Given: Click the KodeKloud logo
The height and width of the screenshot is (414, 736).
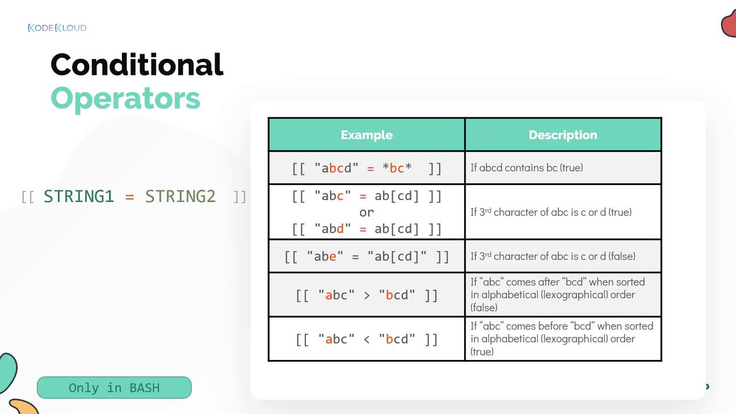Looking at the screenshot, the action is [57, 28].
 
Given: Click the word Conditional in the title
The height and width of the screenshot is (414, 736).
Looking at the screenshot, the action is [137, 64].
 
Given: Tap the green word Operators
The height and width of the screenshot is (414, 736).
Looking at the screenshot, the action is [125, 98].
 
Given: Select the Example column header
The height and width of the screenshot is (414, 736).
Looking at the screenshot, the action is [367, 135].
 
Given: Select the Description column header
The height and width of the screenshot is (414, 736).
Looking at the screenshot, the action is [563, 135].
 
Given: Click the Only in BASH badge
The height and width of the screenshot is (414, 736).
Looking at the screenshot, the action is [114, 388].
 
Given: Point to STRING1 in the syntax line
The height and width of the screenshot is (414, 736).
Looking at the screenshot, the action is [79, 197].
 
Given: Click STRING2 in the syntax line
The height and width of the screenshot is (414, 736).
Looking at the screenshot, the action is [181, 197].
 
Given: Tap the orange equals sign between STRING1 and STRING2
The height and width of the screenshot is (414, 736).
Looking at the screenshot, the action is [130, 197].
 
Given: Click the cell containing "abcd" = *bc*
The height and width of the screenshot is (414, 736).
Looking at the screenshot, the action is [367, 168].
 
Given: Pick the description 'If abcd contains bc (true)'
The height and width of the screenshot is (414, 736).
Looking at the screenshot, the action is [527, 168].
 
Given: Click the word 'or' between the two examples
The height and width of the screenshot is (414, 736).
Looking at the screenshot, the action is [367, 213].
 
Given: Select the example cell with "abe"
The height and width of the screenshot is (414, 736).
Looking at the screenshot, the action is [367, 256].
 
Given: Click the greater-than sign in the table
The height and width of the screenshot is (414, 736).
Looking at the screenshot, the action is [367, 296].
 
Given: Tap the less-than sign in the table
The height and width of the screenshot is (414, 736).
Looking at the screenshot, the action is [367, 339].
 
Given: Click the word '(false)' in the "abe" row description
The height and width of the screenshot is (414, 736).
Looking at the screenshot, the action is [622, 256].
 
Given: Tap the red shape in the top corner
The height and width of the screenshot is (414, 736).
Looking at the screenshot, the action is [729, 23].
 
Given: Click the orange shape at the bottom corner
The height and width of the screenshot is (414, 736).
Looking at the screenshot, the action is [25, 407].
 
